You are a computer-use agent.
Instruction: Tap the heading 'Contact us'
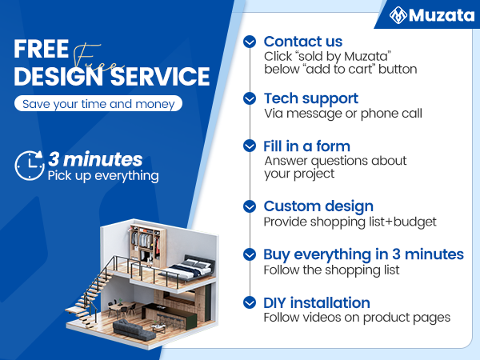[x=303, y=42]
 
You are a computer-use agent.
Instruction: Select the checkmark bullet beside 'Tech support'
[x=250, y=98]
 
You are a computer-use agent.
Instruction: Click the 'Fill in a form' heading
[x=307, y=146]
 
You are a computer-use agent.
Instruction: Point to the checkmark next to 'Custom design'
[x=250, y=206]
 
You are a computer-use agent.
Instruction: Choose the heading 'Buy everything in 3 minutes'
[x=363, y=254]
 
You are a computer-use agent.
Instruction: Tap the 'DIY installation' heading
[x=317, y=302]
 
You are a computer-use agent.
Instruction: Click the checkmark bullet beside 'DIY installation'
[x=250, y=302]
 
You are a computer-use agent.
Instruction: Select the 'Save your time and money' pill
[x=98, y=104]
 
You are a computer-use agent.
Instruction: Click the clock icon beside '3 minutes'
[x=30, y=165]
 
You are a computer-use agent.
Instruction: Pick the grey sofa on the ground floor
[x=131, y=327]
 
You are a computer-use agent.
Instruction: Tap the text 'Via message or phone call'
[x=343, y=114]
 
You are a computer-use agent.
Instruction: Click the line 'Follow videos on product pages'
[x=357, y=318]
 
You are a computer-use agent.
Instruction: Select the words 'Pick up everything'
[x=103, y=175]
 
